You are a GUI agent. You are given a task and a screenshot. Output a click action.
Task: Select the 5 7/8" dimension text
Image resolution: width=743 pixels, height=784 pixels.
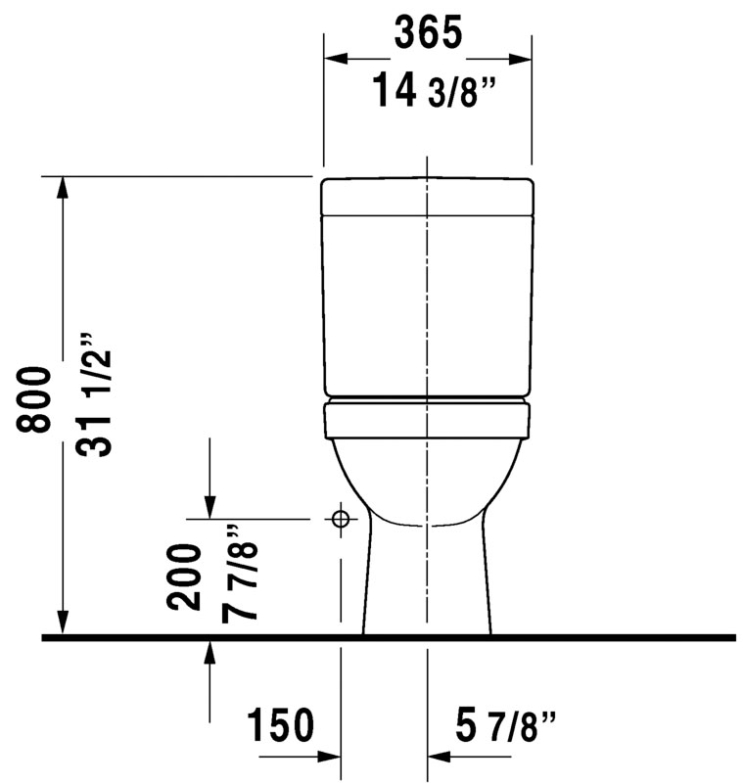coord(505,726)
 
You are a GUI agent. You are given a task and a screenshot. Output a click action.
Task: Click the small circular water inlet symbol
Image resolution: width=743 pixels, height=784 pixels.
coord(340,520)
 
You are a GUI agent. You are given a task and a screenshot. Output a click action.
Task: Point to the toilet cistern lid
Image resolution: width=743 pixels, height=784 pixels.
coord(428,196)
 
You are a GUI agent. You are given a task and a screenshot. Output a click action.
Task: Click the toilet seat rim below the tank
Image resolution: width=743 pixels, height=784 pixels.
coord(428,420)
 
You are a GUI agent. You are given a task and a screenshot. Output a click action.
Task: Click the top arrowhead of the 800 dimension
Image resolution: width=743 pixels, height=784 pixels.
coord(63,188)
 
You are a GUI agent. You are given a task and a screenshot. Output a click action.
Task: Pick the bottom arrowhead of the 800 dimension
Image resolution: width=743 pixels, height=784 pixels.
coord(63,623)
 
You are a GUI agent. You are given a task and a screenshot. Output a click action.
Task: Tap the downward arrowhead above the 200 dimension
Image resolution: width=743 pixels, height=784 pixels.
coord(209,506)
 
